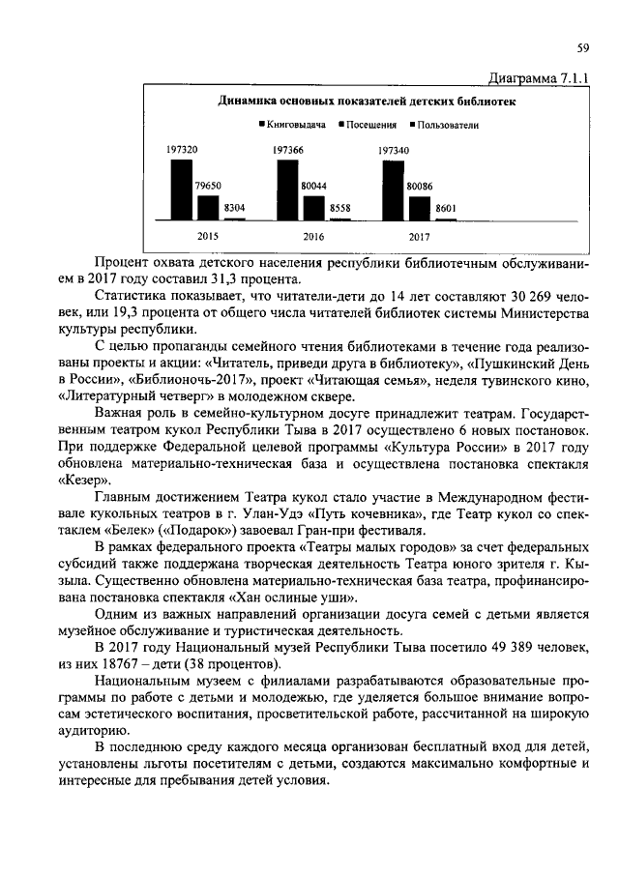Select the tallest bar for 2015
click(182, 190)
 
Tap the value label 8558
click(340, 208)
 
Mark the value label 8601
click(446, 208)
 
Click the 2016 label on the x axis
click(313, 236)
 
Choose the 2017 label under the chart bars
click(420, 236)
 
